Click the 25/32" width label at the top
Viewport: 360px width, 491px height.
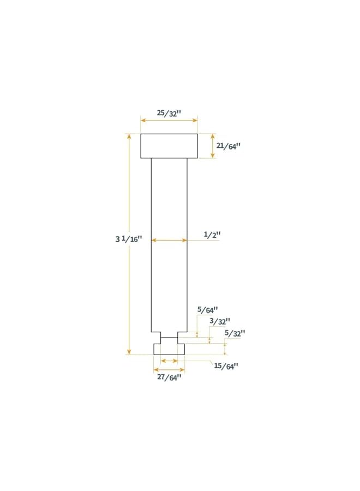[x=169, y=113]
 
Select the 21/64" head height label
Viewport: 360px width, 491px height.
[x=228, y=146]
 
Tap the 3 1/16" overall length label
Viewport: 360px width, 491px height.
[x=128, y=239]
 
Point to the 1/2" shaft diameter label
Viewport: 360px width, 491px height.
[x=212, y=235]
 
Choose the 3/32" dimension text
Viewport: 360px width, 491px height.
[x=220, y=321]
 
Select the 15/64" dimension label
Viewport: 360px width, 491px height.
[x=226, y=366]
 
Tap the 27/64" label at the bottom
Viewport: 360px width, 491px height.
[x=168, y=377]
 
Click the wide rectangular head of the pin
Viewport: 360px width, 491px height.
[x=169, y=146]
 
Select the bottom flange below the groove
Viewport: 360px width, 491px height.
[x=169, y=348]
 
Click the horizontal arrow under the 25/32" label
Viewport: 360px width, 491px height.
[x=169, y=121]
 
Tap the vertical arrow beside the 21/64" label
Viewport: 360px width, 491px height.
[x=213, y=146]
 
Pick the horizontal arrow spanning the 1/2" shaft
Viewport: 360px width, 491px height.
[x=169, y=240]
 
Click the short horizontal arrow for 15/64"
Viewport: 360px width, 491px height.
[x=169, y=361]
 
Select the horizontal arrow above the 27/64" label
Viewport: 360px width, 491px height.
[x=169, y=369]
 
